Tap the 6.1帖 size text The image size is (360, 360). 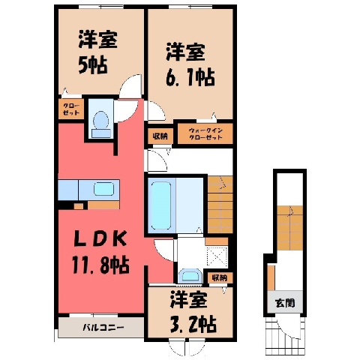point(190,77)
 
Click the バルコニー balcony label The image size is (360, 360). point(103,327)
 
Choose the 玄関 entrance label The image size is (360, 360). point(285,303)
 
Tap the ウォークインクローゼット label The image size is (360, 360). point(205,133)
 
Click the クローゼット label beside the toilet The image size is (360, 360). point(71,109)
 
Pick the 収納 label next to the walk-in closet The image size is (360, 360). point(160,136)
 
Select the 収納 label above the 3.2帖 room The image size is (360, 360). point(220,277)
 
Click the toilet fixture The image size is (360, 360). point(101,124)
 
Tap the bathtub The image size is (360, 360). point(161,205)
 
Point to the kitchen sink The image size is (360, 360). point(103,189)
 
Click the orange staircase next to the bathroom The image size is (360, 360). point(220,205)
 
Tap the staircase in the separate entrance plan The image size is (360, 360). point(289,228)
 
